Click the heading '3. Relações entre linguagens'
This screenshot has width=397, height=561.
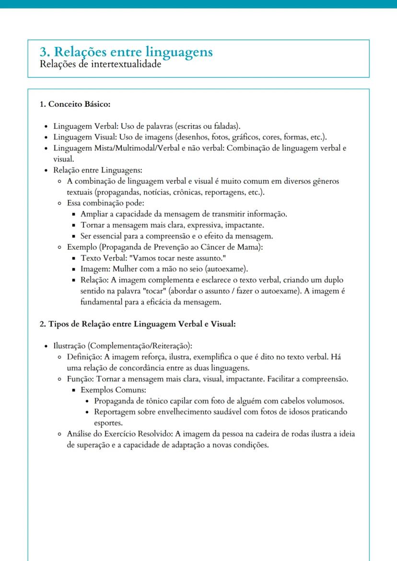126,52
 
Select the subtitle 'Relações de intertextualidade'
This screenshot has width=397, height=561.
100,64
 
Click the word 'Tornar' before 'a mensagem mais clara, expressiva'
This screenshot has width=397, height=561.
92,225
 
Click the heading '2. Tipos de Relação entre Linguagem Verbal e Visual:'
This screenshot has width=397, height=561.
138,324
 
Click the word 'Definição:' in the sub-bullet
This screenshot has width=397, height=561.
84,357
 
